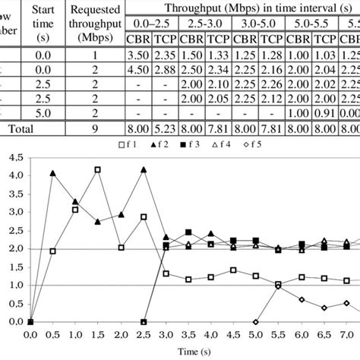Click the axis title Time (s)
click(189, 352)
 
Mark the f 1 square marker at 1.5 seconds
click(98, 169)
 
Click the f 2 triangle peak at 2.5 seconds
click(144, 169)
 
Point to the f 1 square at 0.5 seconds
click(52, 251)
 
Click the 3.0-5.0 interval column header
click(257, 26)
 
